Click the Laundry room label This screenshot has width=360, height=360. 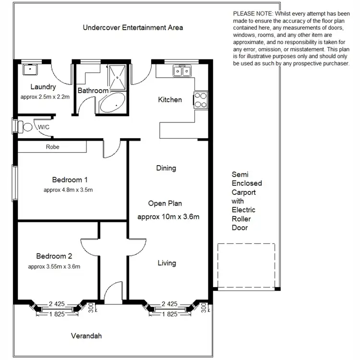(x=43, y=87)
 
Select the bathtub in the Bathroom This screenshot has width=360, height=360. (x=112, y=103)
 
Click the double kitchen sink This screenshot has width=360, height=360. (x=182, y=72)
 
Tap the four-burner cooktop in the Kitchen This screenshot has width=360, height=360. (x=200, y=100)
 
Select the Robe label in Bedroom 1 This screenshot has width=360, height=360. (x=53, y=147)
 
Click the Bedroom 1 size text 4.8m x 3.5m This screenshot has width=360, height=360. (x=68, y=190)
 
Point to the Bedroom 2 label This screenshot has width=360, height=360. (x=54, y=256)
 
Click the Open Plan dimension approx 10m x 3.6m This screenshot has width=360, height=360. (x=168, y=216)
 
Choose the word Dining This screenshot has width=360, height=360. (x=166, y=168)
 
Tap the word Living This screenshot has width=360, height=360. (x=167, y=263)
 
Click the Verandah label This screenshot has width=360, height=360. (x=86, y=336)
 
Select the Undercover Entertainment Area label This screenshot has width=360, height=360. (x=133, y=27)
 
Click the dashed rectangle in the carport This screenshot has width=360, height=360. (x=246, y=265)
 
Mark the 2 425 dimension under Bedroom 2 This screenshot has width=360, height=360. (x=59, y=304)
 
